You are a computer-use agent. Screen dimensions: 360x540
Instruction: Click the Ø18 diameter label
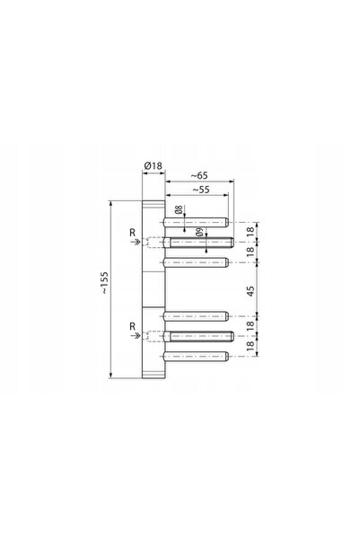(154, 165)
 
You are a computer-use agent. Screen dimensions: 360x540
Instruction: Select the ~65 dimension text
(199, 175)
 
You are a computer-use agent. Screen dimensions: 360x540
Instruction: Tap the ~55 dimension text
(201, 190)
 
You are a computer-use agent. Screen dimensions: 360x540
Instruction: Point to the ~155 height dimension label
(105, 283)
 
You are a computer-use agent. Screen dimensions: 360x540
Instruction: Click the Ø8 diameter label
(179, 209)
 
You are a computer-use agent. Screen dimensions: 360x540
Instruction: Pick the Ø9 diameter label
(199, 233)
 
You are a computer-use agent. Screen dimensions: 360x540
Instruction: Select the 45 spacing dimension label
(250, 291)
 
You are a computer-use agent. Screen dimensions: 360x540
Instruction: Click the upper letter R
(133, 233)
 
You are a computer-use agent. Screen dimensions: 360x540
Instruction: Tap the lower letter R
(133, 326)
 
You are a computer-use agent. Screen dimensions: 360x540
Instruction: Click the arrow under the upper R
(136, 242)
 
